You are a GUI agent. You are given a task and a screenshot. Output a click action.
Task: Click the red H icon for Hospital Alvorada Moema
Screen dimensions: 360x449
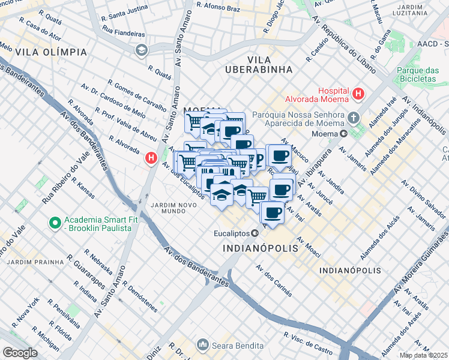click(358, 94)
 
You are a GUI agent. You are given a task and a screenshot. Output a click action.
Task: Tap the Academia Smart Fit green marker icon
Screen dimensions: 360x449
click(55, 223)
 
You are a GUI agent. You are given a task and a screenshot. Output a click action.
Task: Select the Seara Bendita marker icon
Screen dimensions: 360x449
click(202, 345)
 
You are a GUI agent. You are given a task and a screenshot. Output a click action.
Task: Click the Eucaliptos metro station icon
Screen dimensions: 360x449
click(255, 233)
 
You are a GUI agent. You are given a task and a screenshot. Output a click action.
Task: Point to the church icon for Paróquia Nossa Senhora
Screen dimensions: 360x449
click(354, 116)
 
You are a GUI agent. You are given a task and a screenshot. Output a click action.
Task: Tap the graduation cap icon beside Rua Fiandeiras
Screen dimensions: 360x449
click(141, 49)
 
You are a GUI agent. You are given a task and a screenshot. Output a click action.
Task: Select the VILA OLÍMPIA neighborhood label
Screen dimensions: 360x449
click(52, 52)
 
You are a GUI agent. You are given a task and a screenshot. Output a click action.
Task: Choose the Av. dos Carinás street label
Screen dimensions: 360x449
click(274, 281)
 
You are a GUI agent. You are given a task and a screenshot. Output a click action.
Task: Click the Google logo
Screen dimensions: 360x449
click(20, 353)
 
